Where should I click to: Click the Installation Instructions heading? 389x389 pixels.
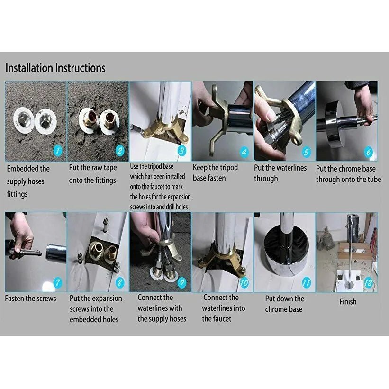[55, 68]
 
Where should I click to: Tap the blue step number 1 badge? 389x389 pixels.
[58, 151]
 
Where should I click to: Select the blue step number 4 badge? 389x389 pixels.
[244, 152]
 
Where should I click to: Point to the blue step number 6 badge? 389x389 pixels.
[369, 152]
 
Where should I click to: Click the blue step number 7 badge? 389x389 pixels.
[58, 282]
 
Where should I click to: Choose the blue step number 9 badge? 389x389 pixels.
[182, 282]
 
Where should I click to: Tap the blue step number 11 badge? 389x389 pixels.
[307, 282]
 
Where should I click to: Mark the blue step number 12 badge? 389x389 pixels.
[369, 282]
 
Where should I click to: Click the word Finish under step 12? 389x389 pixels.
[348, 301]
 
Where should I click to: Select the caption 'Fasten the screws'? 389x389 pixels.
[30, 298]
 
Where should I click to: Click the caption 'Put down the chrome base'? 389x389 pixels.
[284, 304]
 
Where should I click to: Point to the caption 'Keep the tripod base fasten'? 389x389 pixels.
[215, 173]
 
